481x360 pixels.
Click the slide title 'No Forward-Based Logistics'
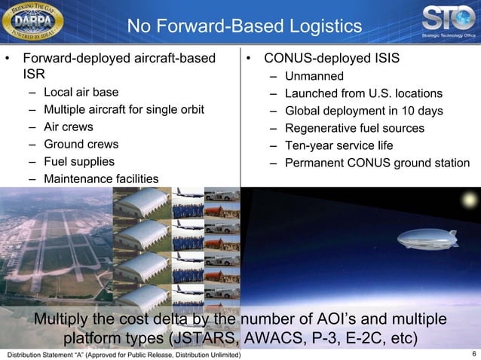coord(244,27)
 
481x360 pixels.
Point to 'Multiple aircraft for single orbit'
coord(124,110)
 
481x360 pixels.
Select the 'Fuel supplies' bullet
coord(79,161)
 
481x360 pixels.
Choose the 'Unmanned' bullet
coord(314,76)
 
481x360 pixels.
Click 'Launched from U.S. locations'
coord(363,93)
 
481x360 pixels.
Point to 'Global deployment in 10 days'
coord(363,111)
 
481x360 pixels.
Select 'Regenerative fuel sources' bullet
coord(354,128)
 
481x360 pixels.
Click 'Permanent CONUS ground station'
coord(377,163)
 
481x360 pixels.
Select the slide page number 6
coord(473,353)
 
